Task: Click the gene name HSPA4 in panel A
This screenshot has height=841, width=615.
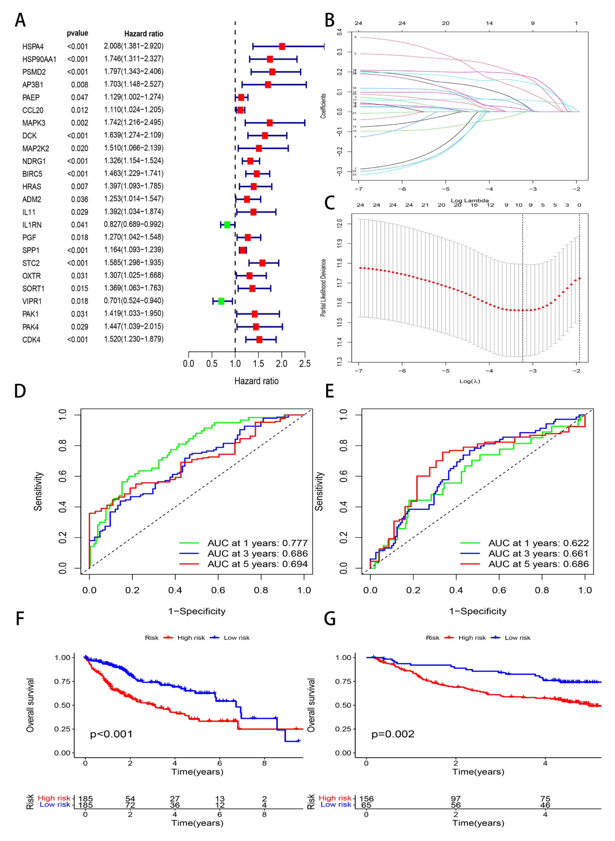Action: (33, 47)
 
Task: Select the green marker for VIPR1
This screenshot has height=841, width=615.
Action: (221, 301)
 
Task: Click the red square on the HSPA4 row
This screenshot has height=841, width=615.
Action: (282, 46)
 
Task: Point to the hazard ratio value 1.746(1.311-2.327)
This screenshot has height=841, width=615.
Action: (134, 59)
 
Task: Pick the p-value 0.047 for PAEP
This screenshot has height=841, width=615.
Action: (80, 98)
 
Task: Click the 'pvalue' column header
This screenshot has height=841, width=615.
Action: (77, 33)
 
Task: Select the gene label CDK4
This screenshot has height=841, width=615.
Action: (31, 340)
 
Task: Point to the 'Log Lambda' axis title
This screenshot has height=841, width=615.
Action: (469, 200)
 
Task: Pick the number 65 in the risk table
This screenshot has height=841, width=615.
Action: (366, 805)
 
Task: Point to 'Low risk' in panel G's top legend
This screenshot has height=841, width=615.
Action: (517, 638)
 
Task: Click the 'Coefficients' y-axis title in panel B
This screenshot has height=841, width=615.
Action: (323, 106)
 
